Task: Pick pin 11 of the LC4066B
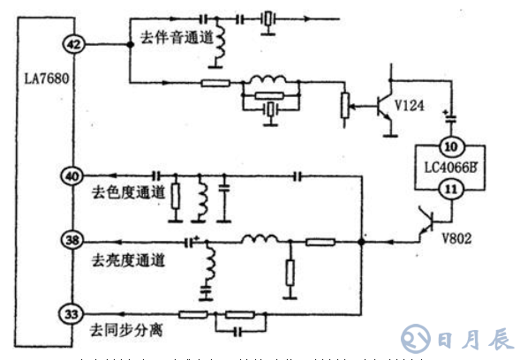(x=450, y=187)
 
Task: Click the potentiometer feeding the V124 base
(x=344, y=106)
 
